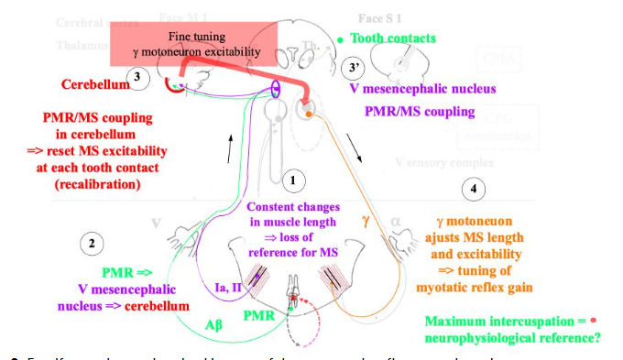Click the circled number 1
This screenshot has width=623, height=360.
(292, 180)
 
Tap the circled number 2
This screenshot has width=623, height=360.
(92, 245)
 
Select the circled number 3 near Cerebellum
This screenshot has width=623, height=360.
(137, 77)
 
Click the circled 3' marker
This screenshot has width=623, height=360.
(354, 69)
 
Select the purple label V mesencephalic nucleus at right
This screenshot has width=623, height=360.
(422, 90)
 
